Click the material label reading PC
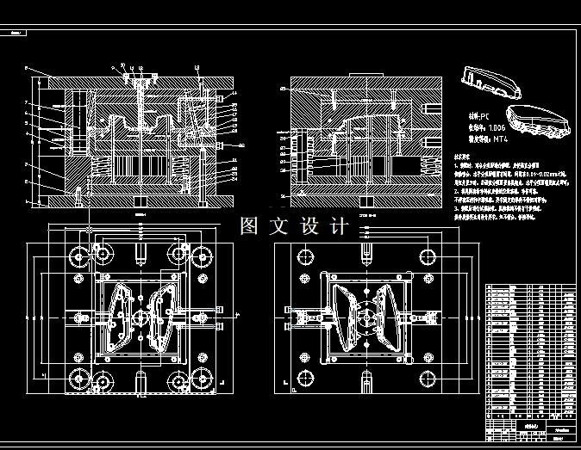tap(479, 114)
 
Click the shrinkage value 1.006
tap(499, 126)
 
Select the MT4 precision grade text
tap(505, 138)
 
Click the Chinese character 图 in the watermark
tap(249, 226)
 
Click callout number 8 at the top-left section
tap(27, 66)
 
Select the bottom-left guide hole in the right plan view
tap(304, 377)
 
